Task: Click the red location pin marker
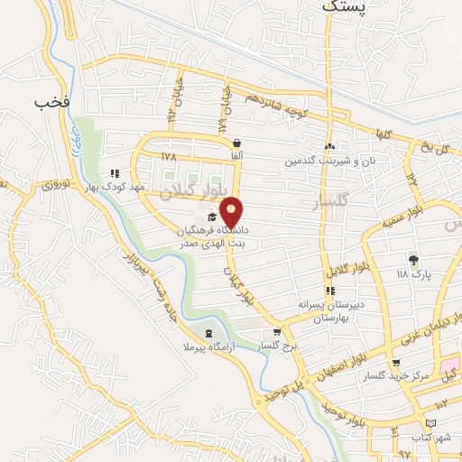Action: click(233, 212)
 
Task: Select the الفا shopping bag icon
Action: click(236, 143)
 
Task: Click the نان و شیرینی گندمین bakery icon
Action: click(330, 148)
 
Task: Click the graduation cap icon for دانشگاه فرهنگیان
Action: click(212, 217)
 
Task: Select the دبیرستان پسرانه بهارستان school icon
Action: click(330, 291)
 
